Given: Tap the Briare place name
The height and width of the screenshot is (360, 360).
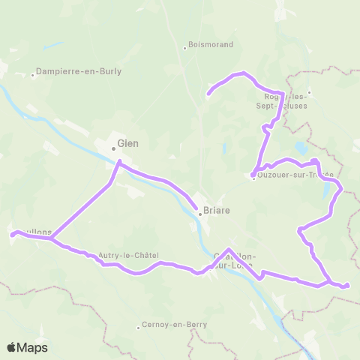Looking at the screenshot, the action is [x=216, y=212].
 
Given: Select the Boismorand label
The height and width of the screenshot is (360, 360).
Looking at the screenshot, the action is [x=211, y=45].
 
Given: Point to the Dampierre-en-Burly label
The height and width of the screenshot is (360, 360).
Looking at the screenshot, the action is [x=81, y=73].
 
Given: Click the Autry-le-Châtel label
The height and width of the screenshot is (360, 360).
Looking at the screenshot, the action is [x=128, y=255].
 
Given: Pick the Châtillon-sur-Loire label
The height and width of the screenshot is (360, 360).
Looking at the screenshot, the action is [x=234, y=260].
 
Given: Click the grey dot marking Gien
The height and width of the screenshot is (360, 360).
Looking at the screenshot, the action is [x=113, y=148].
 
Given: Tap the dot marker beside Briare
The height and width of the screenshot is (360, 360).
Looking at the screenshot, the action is [x=200, y=213].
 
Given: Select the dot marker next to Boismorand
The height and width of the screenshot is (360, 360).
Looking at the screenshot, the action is [x=184, y=49].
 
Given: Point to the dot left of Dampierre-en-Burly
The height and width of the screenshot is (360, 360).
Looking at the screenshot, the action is [x=34, y=74].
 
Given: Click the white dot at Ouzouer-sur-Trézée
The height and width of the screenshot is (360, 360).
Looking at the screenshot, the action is [x=253, y=176].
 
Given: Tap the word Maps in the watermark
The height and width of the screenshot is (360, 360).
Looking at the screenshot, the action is [x=33, y=347].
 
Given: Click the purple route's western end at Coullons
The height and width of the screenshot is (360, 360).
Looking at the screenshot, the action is [x=12, y=235].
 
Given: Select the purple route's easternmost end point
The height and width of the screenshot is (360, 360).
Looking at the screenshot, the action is [x=347, y=285].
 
